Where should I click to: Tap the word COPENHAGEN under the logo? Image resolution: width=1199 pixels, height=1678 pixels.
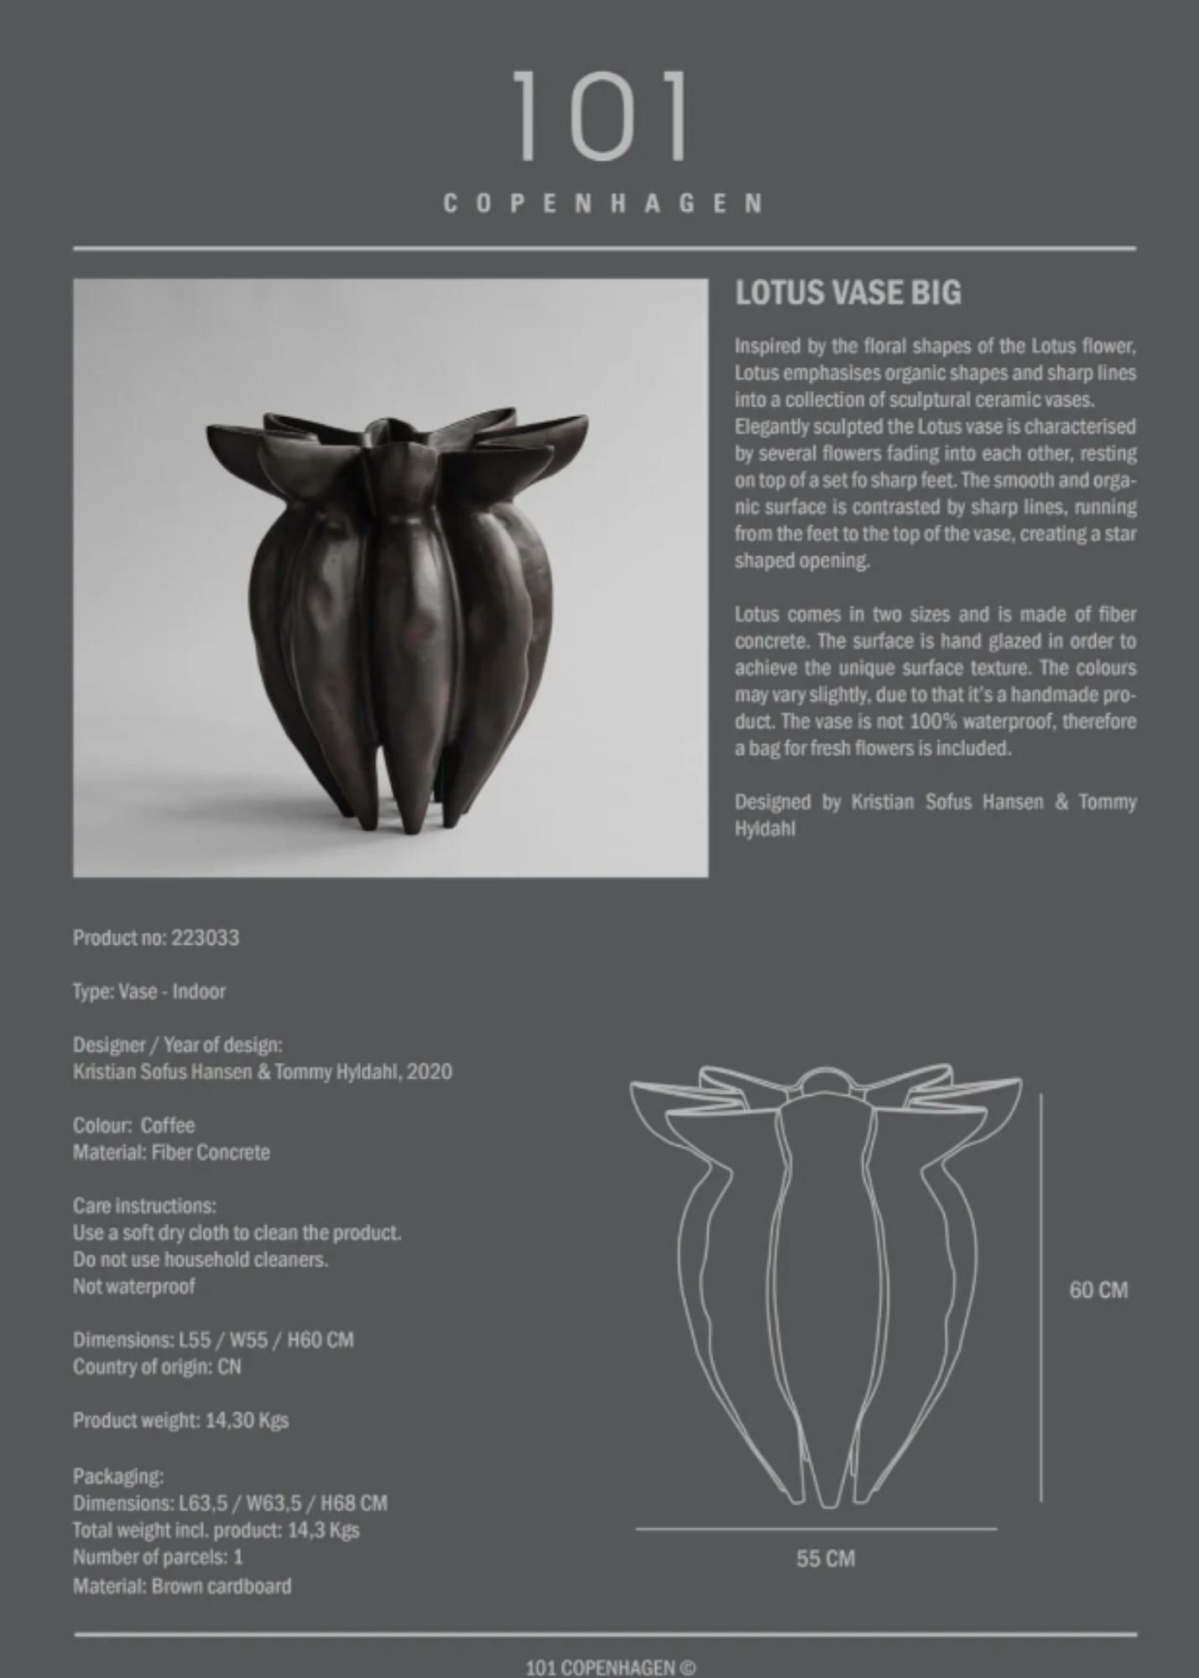click(x=602, y=204)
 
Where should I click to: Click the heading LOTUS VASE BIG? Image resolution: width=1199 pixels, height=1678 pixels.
click(x=847, y=293)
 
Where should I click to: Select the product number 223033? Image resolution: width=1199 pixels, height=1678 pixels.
click(x=206, y=937)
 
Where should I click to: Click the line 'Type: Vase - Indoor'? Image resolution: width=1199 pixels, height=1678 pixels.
click(x=149, y=991)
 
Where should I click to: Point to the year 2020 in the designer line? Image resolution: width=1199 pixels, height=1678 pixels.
click(x=430, y=1071)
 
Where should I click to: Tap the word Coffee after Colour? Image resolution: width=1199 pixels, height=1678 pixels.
click(x=168, y=1125)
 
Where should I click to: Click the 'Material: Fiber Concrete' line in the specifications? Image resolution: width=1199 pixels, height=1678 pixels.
click(x=171, y=1152)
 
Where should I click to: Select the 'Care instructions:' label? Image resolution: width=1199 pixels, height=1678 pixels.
click(x=144, y=1206)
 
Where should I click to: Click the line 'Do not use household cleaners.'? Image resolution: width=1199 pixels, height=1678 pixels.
click(x=201, y=1259)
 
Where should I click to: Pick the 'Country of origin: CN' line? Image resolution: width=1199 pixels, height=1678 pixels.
click(x=157, y=1367)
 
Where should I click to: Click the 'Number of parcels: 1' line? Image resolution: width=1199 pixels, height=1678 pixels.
click(x=158, y=1556)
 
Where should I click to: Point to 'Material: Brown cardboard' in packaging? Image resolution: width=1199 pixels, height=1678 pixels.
click(x=182, y=1586)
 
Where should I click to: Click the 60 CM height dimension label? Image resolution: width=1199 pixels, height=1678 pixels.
click(x=1097, y=1290)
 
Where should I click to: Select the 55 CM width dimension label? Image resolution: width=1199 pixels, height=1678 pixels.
click(x=826, y=1558)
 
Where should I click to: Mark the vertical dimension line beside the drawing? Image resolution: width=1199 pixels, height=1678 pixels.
click(x=1041, y=1292)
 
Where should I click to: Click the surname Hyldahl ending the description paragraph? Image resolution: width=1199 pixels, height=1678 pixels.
click(x=764, y=829)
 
